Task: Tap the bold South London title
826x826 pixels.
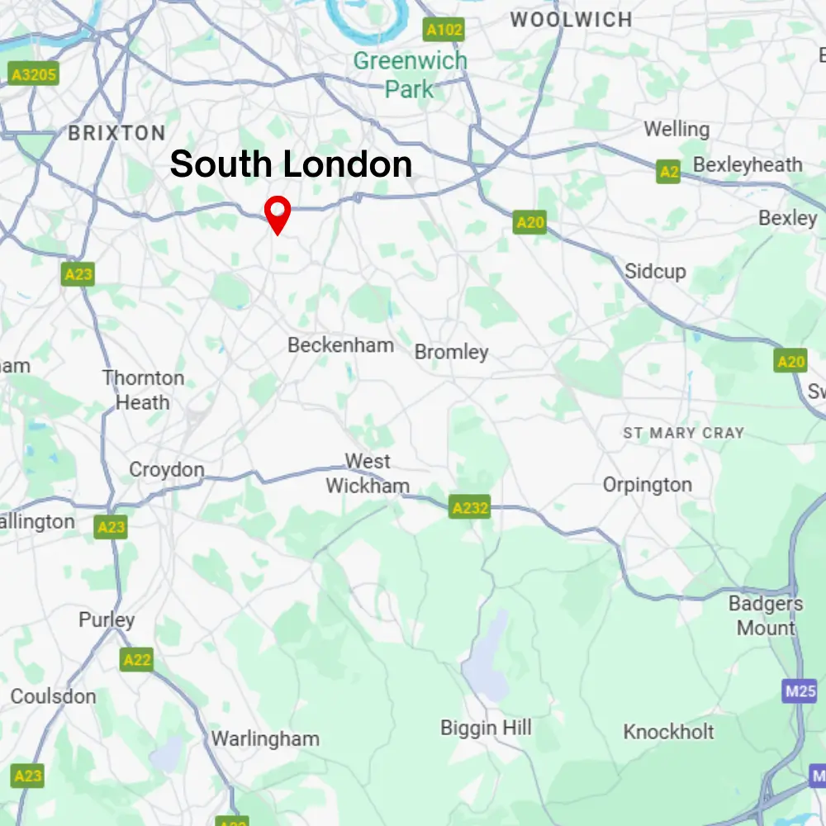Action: tap(291, 164)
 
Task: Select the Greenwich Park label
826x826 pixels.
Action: tap(410, 74)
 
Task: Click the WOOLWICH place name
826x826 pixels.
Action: tap(572, 20)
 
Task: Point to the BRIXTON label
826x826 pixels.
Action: tap(116, 133)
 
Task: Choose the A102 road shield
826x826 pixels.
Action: tap(444, 31)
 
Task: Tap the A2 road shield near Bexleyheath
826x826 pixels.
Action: tap(669, 172)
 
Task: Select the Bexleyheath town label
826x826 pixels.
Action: tap(748, 165)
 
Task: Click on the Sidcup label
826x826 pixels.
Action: tap(655, 271)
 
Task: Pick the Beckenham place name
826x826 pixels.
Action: tap(340, 345)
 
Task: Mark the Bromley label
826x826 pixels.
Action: tap(452, 352)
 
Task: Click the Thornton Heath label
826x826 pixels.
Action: tap(143, 390)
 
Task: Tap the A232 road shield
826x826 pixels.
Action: tap(470, 507)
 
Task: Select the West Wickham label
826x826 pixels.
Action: tap(368, 473)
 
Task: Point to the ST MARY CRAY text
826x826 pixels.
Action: tap(683, 433)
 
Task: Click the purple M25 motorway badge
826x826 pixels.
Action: tap(800, 691)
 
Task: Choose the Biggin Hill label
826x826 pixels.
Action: tap(486, 728)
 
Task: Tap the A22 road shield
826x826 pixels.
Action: tap(137, 659)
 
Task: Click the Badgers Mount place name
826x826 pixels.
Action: tap(766, 615)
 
